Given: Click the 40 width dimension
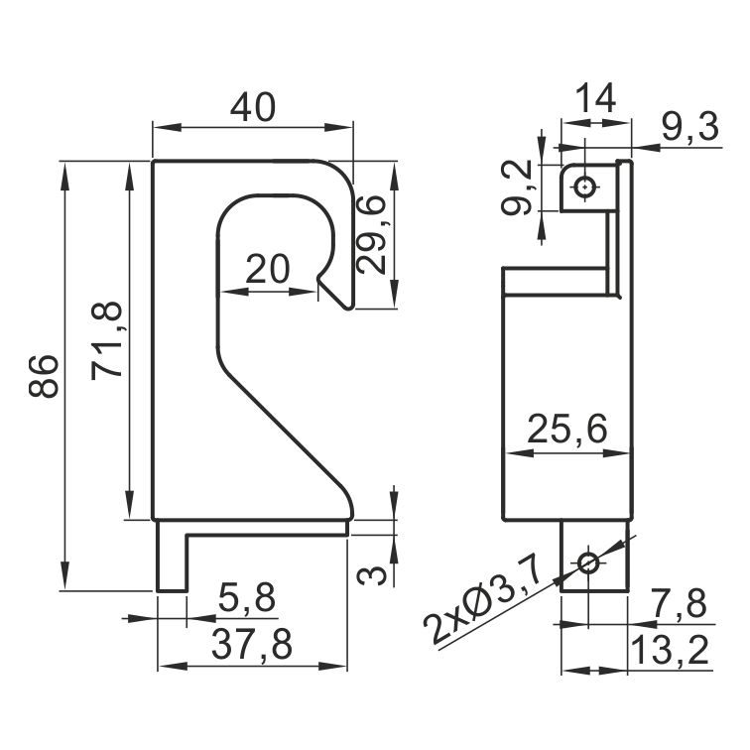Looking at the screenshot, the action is point(253,108).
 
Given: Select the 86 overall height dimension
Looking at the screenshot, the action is point(44,376).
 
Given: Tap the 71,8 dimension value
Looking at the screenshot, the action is point(107,340).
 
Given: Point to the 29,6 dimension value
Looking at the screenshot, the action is point(372,235).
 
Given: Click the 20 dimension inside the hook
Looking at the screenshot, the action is point(268,269).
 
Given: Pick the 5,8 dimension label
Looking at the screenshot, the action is point(247,598).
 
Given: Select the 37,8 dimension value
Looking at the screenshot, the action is point(252,644).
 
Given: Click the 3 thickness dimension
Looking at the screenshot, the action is point(372,575).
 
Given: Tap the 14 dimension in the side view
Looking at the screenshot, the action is point(595,98).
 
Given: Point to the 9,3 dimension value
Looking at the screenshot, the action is point(690,128).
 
